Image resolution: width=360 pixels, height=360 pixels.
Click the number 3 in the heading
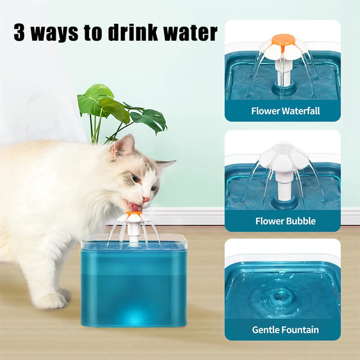(20, 33)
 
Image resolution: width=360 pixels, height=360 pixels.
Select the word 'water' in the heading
(189, 33)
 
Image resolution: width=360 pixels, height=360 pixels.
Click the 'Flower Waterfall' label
(285, 110)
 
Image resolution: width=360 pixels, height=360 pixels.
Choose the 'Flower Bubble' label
(285, 221)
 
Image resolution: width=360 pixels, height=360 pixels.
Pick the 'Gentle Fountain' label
(285, 330)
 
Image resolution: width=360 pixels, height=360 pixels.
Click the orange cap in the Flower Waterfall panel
(283, 40)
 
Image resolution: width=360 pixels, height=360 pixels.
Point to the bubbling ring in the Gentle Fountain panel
(282, 294)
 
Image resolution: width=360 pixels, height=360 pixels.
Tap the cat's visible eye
(136, 178)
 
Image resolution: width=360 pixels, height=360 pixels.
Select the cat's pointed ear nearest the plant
(123, 146)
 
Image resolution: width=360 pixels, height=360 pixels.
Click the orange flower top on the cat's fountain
(134, 215)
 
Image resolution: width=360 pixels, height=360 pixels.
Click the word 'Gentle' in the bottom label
(268, 330)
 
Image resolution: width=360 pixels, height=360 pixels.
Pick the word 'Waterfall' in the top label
(299, 110)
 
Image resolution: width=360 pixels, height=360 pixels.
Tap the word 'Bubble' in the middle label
(300, 221)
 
